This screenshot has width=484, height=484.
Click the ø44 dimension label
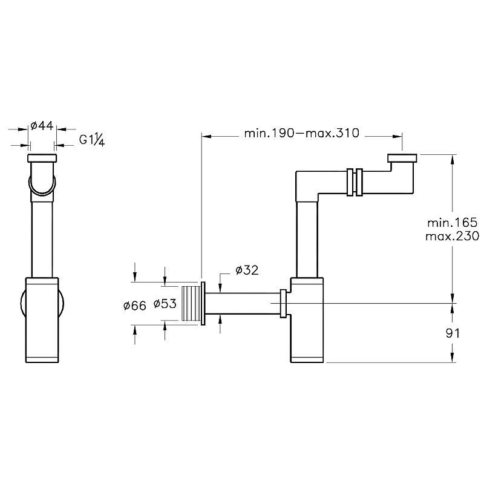(42, 126)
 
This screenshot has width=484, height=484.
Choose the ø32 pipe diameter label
(247, 270)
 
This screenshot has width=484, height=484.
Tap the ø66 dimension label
(134, 306)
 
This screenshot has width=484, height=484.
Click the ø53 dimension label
(164, 304)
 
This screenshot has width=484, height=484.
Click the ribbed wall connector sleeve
(190, 302)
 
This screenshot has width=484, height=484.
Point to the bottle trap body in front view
(307, 321)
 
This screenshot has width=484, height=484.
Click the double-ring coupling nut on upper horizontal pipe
(355, 181)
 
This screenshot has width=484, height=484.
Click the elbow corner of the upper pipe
(306, 183)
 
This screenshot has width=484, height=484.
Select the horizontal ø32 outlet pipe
(242, 302)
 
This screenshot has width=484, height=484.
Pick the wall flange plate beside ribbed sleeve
(204, 303)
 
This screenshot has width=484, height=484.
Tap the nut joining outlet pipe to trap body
(283, 302)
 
